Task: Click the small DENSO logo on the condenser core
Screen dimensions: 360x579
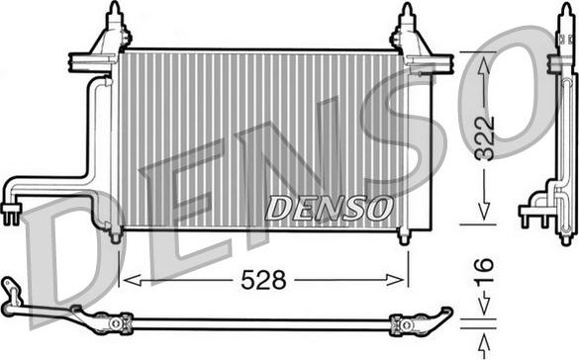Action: point(329,208)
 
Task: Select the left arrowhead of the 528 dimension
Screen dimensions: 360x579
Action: point(125,281)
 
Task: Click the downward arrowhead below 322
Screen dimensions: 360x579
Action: point(482,214)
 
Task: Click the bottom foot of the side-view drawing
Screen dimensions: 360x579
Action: point(564,237)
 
